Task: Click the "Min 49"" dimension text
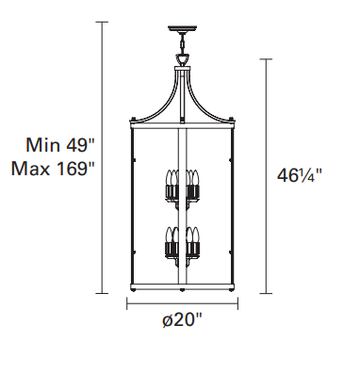pos(60,145)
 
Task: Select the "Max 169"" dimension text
pos(53,169)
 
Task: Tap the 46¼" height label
pos(300,175)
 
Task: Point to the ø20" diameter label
pos(182,320)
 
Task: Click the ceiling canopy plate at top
pos(182,29)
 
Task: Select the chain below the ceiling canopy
pos(182,43)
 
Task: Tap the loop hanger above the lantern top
pos(182,59)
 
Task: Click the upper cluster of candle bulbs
pos(182,187)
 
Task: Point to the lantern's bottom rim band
pos(182,287)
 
